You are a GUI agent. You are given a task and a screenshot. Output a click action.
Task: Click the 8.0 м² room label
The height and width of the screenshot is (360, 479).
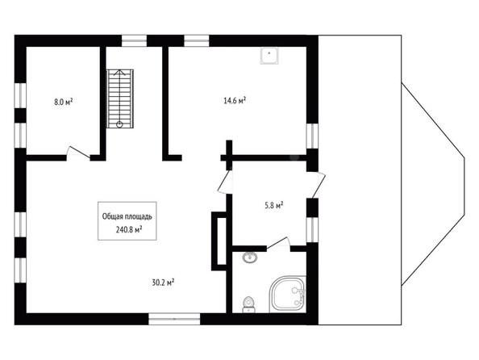click(x=64, y=102)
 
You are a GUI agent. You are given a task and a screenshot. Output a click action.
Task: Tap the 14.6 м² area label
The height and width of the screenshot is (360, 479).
click(x=235, y=101)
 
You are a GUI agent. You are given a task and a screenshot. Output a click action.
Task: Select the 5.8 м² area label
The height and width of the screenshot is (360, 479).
click(x=273, y=205)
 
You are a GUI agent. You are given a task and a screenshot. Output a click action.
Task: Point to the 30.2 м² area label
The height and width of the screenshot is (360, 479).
click(x=163, y=283)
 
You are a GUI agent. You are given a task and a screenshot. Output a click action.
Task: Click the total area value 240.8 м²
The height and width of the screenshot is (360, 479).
click(x=129, y=230)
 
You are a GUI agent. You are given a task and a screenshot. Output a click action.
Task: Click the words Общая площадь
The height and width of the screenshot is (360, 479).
click(x=127, y=216)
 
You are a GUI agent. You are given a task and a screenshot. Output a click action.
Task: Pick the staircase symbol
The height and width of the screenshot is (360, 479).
click(x=119, y=98)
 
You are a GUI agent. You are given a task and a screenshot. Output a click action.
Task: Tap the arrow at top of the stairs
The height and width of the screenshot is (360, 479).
click(x=119, y=73)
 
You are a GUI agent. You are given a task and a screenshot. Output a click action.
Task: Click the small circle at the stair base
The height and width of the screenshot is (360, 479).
click(x=119, y=124)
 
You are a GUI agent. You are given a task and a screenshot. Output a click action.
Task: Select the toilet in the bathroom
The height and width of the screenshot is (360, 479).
click(x=248, y=305)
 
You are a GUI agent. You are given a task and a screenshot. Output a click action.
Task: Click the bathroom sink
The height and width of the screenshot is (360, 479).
click(x=250, y=257)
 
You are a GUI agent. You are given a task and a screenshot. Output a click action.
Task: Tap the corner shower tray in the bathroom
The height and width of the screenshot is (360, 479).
click(x=287, y=295)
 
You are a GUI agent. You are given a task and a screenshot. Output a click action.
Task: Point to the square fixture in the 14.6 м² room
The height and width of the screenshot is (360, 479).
click(x=269, y=56)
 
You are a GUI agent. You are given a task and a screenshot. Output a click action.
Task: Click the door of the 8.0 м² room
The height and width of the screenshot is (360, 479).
click(x=78, y=153)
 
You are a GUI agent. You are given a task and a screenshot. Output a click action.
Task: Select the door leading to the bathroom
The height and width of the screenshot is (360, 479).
click(x=278, y=245)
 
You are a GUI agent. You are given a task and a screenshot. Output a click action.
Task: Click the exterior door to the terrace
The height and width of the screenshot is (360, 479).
click(x=316, y=185)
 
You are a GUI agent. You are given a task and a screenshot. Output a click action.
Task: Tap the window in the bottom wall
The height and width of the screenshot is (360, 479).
click(x=174, y=319)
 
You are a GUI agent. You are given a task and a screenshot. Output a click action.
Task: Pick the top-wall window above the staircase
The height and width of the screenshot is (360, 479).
click(x=134, y=41)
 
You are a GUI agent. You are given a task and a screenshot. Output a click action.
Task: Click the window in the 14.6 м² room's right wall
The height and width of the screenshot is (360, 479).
click(x=312, y=136)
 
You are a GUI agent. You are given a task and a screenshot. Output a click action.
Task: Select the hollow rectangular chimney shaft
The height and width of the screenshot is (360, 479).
click(x=219, y=241)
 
